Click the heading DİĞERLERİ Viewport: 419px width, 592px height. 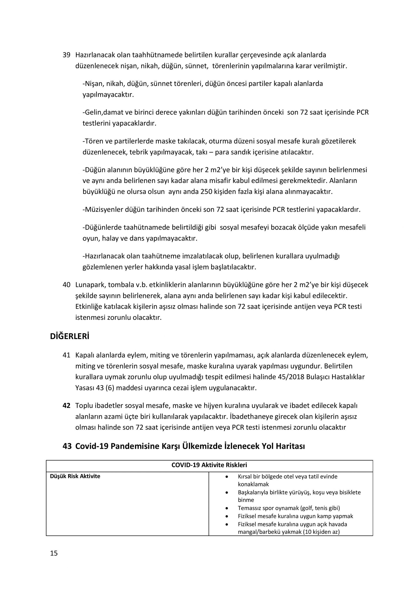pos(69,337)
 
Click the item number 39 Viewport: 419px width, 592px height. pos(66,55)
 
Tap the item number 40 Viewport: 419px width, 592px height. pos(66,285)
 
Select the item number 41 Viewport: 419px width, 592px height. pos(66,355)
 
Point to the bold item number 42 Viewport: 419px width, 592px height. pos(66,406)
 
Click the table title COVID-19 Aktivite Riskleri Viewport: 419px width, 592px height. pos(209,465)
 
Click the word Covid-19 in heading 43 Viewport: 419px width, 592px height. pos(91,446)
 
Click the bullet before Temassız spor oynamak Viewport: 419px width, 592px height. pos(227,508)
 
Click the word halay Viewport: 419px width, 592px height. pos(109,238)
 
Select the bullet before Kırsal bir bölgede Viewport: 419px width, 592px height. pos(227,476)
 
